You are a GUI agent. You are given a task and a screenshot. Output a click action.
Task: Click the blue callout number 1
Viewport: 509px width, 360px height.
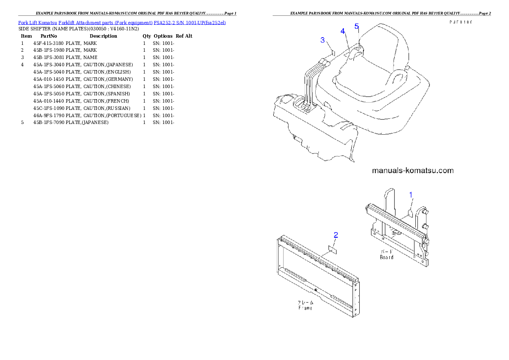tap(411, 195)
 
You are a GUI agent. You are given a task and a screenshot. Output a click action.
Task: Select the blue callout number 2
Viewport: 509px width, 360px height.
tap(336, 234)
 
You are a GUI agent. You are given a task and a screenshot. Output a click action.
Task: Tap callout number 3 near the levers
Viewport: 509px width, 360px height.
tap(323, 40)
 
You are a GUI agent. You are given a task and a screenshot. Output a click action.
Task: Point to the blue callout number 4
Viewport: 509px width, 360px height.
tap(343, 31)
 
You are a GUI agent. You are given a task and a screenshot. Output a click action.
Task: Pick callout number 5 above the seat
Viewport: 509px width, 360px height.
tap(357, 26)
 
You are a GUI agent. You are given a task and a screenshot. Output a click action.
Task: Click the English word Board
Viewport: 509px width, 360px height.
tap(387, 257)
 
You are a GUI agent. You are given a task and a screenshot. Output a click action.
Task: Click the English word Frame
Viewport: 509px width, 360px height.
tap(305, 308)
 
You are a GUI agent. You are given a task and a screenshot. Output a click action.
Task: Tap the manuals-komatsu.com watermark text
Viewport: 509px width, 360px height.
tap(413, 171)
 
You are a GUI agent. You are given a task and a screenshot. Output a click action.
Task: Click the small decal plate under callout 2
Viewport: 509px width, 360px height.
tap(332, 248)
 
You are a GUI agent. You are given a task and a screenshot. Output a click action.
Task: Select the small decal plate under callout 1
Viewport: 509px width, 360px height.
tap(410, 212)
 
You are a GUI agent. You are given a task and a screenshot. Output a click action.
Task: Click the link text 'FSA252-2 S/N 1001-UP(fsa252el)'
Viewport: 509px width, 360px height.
tap(189, 22)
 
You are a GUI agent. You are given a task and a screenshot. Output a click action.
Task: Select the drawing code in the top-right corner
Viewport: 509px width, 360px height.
tap(460, 22)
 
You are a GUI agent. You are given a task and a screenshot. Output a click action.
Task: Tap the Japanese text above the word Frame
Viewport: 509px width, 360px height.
tap(305, 302)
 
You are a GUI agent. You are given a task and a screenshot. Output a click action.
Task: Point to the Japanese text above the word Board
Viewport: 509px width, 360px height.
tap(387, 252)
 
